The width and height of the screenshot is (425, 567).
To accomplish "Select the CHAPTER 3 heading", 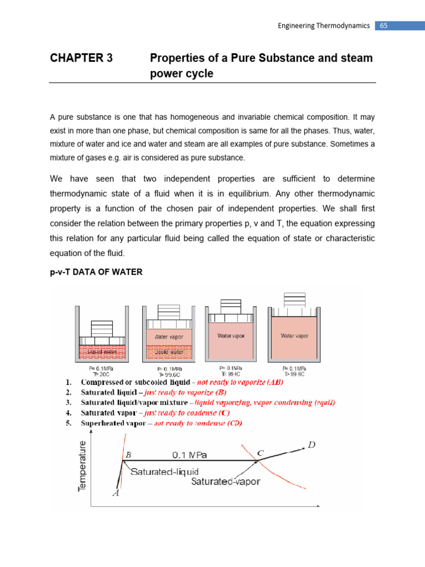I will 81,58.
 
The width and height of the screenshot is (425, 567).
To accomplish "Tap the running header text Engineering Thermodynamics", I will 323,26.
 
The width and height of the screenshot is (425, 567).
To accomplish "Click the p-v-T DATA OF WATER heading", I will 96,272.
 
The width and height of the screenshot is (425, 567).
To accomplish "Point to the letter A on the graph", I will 116,493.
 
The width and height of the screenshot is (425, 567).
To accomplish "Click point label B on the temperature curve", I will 128,454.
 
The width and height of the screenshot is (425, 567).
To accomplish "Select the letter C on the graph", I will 260,452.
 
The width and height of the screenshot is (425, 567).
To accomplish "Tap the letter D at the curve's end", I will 312,444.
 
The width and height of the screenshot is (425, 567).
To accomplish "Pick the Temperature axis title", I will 82,466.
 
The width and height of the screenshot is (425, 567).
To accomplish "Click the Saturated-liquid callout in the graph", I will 165,471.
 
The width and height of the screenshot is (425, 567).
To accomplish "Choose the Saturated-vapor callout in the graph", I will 225,481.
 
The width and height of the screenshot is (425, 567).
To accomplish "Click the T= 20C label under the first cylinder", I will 95,374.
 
